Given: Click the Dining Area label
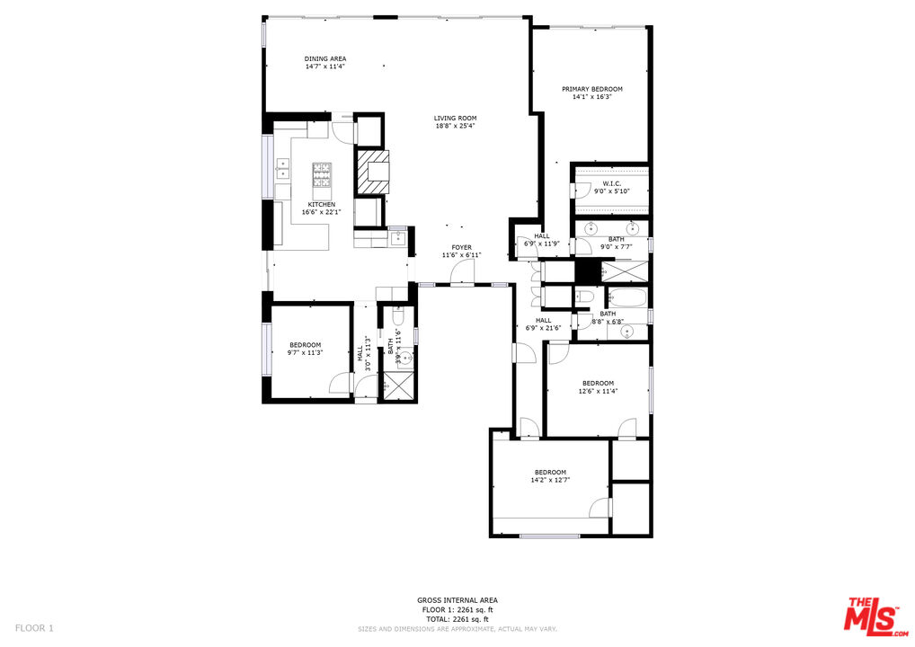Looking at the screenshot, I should click(x=324, y=59).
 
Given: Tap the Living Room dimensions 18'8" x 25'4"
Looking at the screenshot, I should click(x=455, y=126).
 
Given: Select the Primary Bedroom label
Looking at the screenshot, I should click(x=591, y=89).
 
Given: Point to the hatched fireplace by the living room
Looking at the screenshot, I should click(x=372, y=173).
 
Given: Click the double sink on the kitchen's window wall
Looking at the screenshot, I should click(x=282, y=167).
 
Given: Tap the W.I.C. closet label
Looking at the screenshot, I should click(x=611, y=183).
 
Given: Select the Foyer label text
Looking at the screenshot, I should click(x=461, y=247).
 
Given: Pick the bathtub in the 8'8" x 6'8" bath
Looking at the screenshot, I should click(x=626, y=296).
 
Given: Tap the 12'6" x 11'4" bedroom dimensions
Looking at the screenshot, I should click(x=597, y=391).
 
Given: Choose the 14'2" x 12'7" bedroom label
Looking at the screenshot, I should click(x=550, y=473).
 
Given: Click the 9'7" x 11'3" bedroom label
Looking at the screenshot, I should click(x=305, y=345).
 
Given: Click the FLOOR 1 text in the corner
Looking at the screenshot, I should click(x=34, y=627).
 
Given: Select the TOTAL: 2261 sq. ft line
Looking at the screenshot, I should click(x=457, y=619).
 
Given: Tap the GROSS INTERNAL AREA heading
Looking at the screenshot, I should click(x=457, y=600).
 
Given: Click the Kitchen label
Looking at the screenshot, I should click(x=321, y=205).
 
